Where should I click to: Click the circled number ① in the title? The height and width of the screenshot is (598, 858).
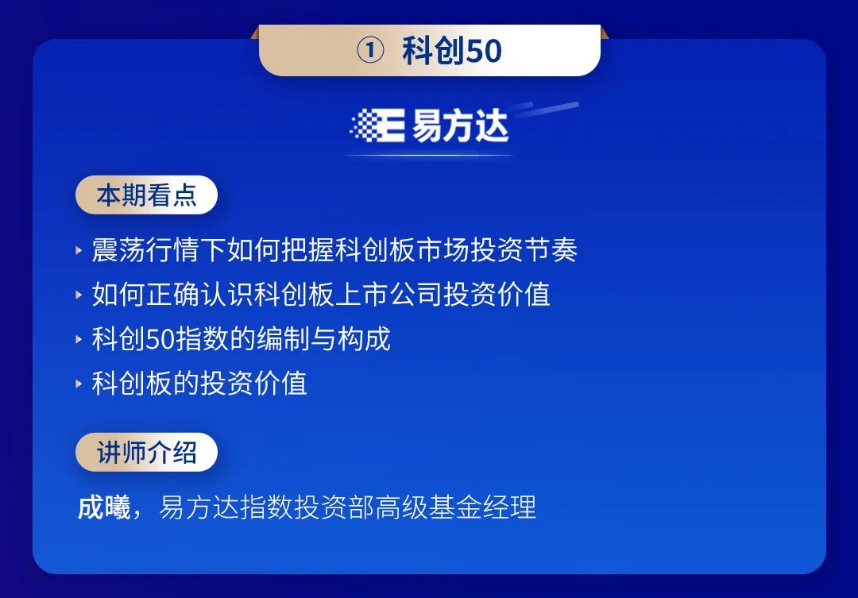pyautogui.click(x=370, y=50)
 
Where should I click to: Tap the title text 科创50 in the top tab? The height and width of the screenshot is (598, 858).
pyautogui.click(x=452, y=50)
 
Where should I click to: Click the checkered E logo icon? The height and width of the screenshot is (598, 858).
pyautogui.click(x=377, y=125)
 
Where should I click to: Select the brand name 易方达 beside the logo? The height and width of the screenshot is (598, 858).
pyautogui.click(x=460, y=125)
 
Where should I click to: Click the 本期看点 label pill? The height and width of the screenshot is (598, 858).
pyautogui.click(x=146, y=195)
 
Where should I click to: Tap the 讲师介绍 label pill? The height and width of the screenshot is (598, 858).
pyautogui.click(x=146, y=453)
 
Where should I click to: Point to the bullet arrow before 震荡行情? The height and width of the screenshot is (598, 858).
pyautogui.click(x=79, y=251)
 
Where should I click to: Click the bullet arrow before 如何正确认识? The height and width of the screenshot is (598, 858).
pyautogui.click(x=79, y=295)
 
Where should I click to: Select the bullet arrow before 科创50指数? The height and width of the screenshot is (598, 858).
pyautogui.click(x=79, y=339)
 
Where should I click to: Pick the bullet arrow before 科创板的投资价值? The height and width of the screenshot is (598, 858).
pyautogui.click(x=79, y=384)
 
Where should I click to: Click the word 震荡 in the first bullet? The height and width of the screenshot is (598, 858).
pyautogui.click(x=118, y=250)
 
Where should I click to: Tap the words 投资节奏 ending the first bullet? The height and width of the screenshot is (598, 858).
pyautogui.click(x=524, y=250)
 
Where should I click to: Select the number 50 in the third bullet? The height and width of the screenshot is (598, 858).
pyautogui.click(x=160, y=338)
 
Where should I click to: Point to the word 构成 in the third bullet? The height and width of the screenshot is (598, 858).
pyautogui.click(x=364, y=338)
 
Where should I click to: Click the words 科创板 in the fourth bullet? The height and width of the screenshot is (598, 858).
pyautogui.click(x=131, y=383)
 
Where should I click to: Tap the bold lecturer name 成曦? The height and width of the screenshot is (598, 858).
pyautogui.click(x=104, y=507)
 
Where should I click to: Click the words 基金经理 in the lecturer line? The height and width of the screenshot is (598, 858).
pyautogui.click(x=482, y=507)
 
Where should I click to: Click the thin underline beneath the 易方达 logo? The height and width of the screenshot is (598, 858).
pyautogui.click(x=430, y=156)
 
